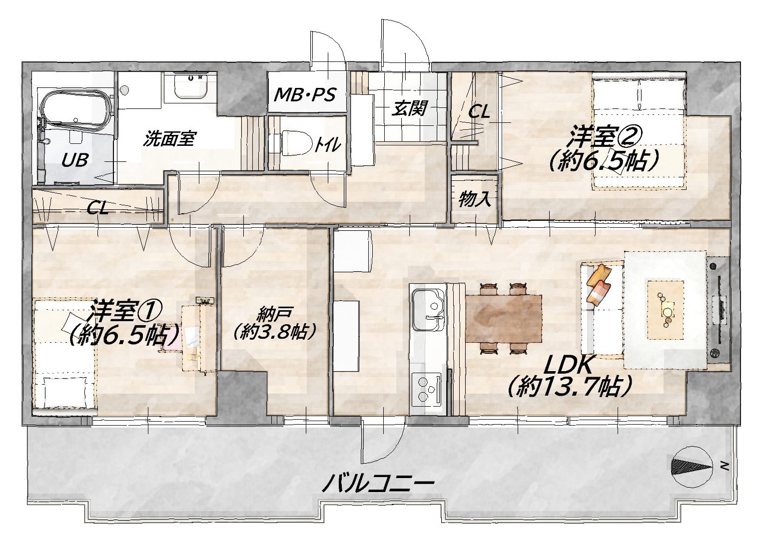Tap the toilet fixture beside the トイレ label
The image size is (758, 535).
(x=295, y=142)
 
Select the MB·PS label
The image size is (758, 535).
(x=305, y=94)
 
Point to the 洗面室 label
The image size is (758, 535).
(x=169, y=138)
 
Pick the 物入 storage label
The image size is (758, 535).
(x=475, y=200)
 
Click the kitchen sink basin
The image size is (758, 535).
(x=428, y=310)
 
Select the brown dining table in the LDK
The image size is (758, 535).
(x=504, y=318)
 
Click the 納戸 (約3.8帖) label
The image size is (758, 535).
(x=274, y=323)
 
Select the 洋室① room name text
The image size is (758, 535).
(x=124, y=310)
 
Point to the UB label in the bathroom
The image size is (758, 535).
(x=75, y=159)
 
